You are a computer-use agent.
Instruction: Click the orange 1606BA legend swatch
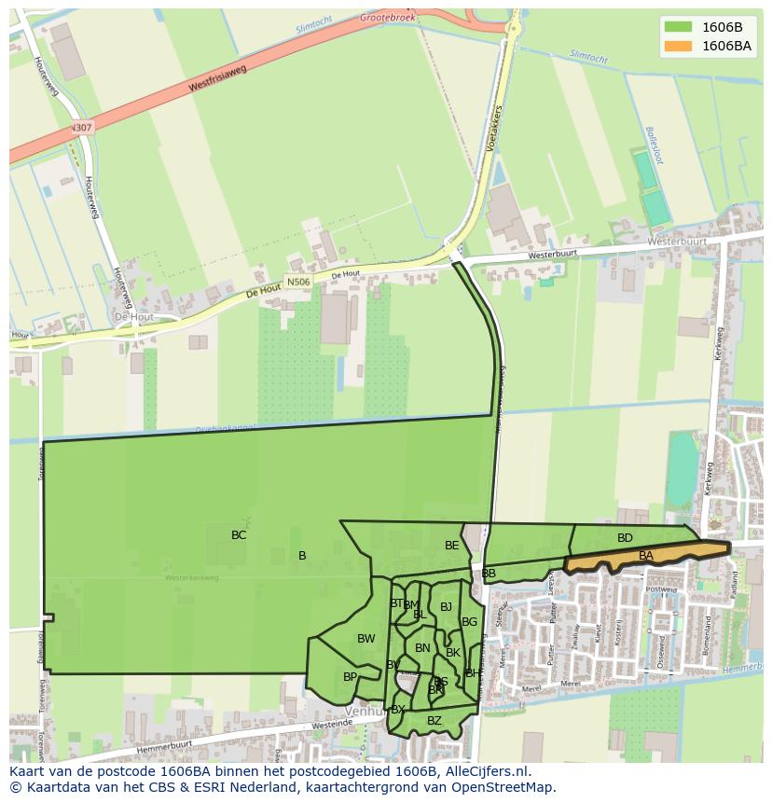(679, 46)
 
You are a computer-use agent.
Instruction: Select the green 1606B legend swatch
(679, 27)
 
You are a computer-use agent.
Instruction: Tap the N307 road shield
(81, 128)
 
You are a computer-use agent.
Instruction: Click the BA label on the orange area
(646, 556)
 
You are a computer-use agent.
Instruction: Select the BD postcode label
(625, 538)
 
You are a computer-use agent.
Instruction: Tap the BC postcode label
(239, 535)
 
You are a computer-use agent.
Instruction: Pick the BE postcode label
(452, 546)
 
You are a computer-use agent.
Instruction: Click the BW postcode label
(365, 639)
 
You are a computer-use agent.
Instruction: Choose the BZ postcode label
(434, 721)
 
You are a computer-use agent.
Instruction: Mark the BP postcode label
(350, 677)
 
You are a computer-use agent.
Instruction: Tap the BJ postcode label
(446, 607)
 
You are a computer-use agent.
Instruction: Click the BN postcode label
(422, 648)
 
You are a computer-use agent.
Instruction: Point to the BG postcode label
(469, 622)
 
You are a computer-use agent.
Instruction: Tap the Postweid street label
(661, 589)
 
